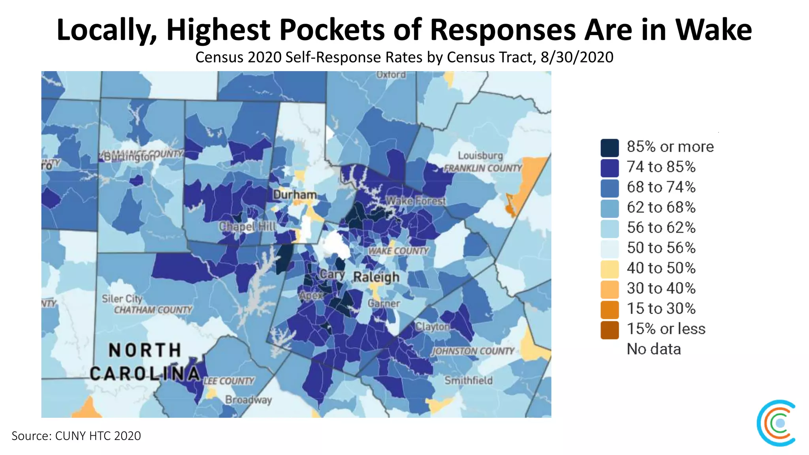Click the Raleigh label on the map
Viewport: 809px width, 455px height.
click(376, 277)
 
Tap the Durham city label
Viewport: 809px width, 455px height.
click(295, 195)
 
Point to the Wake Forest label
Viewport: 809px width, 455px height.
click(415, 201)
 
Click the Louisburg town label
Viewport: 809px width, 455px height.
click(480, 156)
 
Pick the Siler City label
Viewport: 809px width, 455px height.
click(122, 299)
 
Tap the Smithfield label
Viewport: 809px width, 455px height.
click(468, 380)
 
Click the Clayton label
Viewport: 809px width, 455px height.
click(432, 327)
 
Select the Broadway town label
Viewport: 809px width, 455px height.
click(248, 400)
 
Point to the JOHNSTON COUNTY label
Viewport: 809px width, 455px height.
click(473, 351)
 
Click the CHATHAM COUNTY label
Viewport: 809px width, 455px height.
click(153, 310)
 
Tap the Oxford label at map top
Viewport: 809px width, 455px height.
click(391, 75)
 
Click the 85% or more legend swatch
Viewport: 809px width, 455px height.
click(610, 148)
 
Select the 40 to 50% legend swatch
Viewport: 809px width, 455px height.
click(610, 269)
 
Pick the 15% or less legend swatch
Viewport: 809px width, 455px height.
click(610, 330)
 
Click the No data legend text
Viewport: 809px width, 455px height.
click(654, 349)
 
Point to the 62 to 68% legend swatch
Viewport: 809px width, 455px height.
click(610, 208)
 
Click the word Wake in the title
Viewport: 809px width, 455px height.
click(713, 30)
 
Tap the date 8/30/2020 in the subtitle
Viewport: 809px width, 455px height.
click(577, 58)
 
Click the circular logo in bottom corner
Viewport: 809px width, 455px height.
click(777, 423)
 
